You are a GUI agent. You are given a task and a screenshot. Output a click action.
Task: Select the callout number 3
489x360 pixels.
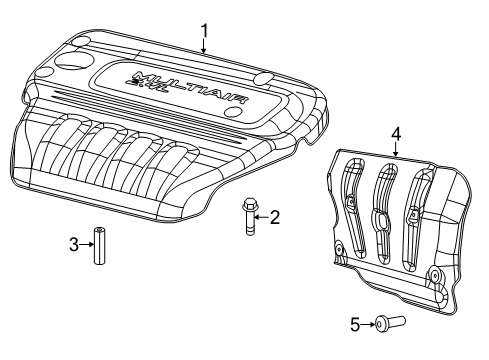[73, 243]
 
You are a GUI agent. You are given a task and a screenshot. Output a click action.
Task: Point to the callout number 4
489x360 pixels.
[395, 132]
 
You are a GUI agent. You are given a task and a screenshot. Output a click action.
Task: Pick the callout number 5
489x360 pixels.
[354, 323]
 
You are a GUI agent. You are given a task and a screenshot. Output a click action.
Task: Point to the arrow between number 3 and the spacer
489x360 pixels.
[86, 243]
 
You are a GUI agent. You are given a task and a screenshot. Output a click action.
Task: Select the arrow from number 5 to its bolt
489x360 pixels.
[367, 323]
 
